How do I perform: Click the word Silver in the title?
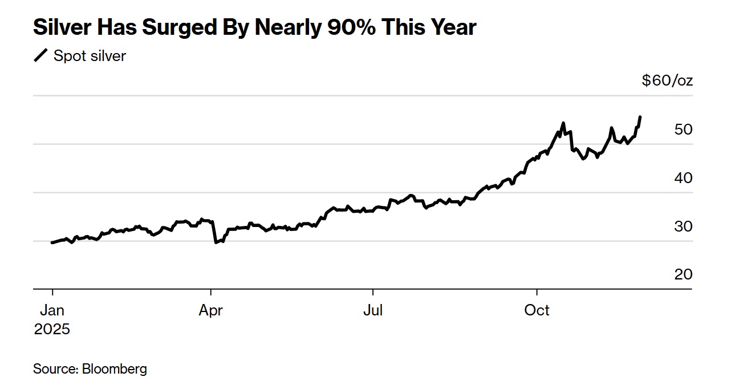click(x=62, y=27)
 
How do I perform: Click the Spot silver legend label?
click(x=90, y=56)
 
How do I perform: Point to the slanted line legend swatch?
click(x=41, y=56)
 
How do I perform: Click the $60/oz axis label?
click(x=667, y=80)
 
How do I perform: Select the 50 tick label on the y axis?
click(x=683, y=129)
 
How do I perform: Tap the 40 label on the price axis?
click(x=683, y=178)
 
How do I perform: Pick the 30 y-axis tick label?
click(x=683, y=226)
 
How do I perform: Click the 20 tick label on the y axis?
click(x=683, y=274)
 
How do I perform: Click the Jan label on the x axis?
click(x=52, y=310)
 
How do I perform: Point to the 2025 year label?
click(x=52, y=329)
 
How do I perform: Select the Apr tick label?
click(x=211, y=310)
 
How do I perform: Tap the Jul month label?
click(x=373, y=310)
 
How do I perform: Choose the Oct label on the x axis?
click(x=537, y=310)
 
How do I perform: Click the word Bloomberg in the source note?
click(x=115, y=368)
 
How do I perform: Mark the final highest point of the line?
click(x=640, y=117)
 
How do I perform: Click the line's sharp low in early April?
click(x=216, y=242)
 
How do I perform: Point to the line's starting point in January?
click(x=52, y=242)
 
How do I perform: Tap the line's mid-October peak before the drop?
click(x=563, y=123)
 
